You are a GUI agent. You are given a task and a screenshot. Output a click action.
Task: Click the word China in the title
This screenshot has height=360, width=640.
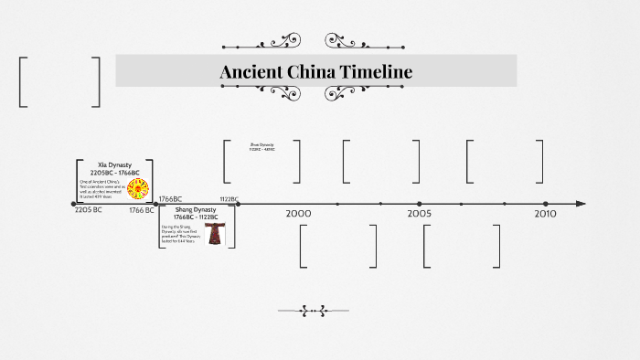click(320, 71)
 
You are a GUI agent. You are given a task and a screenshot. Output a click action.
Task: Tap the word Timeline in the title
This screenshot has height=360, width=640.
click(383, 71)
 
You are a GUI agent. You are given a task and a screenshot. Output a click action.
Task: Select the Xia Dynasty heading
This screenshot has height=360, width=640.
click(114, 164)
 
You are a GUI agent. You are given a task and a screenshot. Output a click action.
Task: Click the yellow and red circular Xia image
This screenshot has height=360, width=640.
click(139, 189)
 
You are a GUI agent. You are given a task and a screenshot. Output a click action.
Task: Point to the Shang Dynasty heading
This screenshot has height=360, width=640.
click(196, 210)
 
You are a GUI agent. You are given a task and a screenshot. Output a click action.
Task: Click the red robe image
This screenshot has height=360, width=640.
click(214, 234)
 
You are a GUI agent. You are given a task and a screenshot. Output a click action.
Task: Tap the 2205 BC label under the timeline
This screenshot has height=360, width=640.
click(88, 210)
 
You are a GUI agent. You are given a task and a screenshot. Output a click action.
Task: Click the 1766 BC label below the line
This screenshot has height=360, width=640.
click(142, 210)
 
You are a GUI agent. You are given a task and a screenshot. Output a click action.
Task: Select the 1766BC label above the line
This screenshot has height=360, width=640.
click(170, 198)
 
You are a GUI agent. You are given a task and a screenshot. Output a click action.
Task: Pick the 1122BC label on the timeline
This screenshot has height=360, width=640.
click(229, 198)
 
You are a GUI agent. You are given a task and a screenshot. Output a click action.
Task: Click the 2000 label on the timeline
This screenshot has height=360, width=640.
click(298, 213)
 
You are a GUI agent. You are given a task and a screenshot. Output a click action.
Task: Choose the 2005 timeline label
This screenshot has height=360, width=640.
click(420, 213)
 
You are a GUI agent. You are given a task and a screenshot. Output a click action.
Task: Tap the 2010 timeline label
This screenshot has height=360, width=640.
click(545, 213)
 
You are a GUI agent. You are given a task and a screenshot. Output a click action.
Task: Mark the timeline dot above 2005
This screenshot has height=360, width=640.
click(420, 204)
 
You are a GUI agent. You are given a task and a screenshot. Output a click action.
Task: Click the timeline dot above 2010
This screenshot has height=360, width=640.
click(545, 204)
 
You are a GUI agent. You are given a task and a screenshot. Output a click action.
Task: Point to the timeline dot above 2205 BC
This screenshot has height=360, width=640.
click(74, 204)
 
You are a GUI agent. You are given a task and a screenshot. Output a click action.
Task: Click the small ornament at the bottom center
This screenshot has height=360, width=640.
click(314, 311)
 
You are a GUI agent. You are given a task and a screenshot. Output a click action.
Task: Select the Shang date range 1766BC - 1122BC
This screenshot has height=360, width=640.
click(196, 217)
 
